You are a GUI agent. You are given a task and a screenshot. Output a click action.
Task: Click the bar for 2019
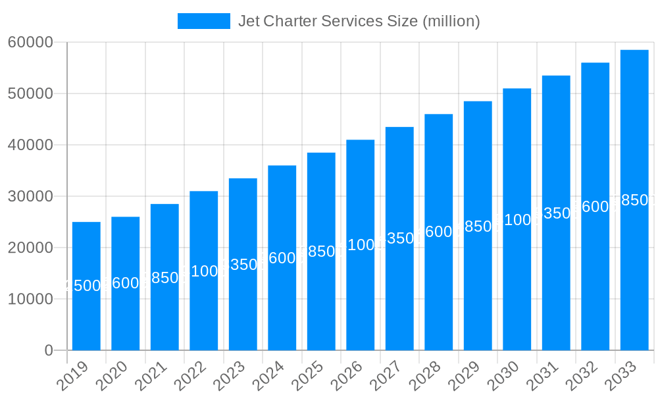86,316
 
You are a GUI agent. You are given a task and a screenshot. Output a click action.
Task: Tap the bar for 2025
321,296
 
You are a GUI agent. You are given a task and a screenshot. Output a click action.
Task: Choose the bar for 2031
556,276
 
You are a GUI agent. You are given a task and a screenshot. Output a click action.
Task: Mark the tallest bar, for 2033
634,263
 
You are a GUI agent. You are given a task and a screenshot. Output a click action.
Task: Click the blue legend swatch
204,21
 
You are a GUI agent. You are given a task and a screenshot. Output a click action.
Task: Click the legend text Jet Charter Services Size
359,21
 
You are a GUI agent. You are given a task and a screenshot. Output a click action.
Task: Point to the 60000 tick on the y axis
30,42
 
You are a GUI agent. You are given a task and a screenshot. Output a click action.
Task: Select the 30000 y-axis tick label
30,196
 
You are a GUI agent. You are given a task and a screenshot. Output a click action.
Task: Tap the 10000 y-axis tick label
30,299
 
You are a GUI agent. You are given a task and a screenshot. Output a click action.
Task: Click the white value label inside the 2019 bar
86,286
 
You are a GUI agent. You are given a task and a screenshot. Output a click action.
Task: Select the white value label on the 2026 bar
361,245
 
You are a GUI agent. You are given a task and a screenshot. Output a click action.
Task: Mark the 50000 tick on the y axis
30,93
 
